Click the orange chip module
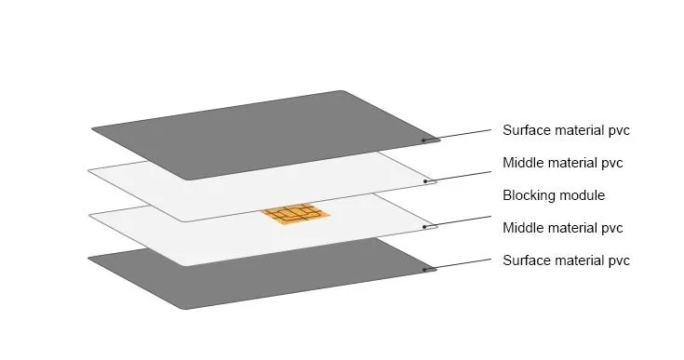click(295, 215)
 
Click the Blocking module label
click(554, 195)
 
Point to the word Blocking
click(529, 195)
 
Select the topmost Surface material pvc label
click(566, 130)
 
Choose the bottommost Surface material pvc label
click(566, 260)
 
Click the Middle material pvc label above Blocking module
click(562, 163)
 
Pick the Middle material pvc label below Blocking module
click(562, 228)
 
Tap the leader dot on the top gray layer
click(424, 140)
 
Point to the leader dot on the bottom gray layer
click(424, 270)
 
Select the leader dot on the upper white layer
click(426, 180)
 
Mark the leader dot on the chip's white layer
click(425, 226)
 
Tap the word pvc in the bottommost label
click(618, 260)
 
